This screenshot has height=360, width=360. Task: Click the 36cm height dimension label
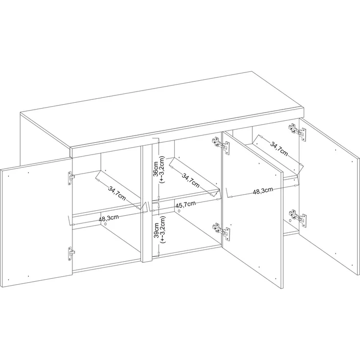point(156,169)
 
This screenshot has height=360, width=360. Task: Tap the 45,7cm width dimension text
point(185,204)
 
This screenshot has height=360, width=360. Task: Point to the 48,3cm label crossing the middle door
point(263,191)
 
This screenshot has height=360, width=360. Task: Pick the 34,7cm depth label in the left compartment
point(117,193)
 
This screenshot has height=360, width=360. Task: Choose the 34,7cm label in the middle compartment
point(191,180)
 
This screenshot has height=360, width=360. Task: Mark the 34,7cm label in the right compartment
point(279,149)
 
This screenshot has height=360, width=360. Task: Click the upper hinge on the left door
point(70,178)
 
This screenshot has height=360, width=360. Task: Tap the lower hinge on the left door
point(71,253)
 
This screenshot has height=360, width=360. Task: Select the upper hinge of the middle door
point(221,145)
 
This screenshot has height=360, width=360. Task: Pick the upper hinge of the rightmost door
point(297,132)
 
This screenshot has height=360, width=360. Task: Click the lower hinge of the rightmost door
point(298,218)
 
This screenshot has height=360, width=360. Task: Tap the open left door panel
point(36,222)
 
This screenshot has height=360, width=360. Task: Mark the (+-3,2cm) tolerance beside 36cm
point(162,169)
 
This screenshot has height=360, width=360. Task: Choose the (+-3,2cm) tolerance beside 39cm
point(163,230)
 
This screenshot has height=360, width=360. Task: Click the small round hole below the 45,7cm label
point(179,211)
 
